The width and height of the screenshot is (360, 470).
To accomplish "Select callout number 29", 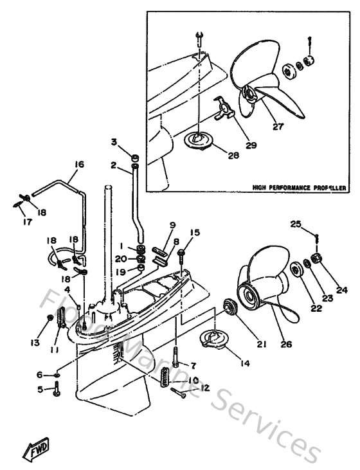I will (250, 145).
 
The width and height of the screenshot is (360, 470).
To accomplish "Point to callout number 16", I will (78, 165).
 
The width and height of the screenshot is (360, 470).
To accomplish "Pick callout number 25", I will (294, 224).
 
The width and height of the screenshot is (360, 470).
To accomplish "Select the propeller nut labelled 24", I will (316, 259).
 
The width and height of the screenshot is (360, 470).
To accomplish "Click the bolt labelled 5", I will (57, 388).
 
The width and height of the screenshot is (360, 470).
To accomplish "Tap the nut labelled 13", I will (51, 319).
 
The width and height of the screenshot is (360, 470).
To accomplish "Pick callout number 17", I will (21, 223).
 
